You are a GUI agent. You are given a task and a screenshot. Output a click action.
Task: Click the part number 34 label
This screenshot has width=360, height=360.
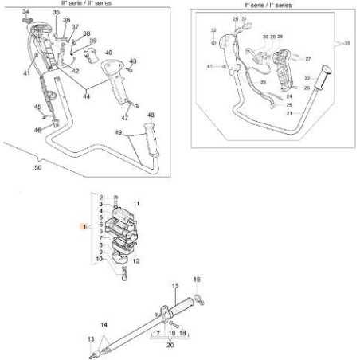pos(25,11)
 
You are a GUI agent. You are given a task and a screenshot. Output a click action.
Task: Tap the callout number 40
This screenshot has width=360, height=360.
pos(109,53)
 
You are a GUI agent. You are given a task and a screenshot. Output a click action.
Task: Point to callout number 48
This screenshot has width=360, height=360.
pos(151,115)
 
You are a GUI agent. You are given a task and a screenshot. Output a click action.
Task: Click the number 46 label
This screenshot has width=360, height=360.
pos(37,129)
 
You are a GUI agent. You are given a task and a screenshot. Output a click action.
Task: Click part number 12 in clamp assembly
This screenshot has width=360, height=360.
pos(137,260)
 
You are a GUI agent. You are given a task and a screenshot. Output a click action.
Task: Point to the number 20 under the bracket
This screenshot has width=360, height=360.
pos(169,346)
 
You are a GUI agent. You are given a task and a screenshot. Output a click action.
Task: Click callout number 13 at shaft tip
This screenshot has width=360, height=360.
pos(90,338)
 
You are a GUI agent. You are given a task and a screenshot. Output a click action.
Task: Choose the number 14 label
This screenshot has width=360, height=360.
pos(103,325)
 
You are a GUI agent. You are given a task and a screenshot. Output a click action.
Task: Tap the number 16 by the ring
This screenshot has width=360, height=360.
pos(198,280)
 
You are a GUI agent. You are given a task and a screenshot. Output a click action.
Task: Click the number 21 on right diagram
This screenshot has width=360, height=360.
pos(289,113)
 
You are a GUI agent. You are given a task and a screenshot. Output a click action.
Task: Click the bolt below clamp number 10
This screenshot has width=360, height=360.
pos(123,276)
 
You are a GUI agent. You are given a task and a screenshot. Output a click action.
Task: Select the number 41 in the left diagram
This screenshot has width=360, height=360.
pos(26,73)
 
